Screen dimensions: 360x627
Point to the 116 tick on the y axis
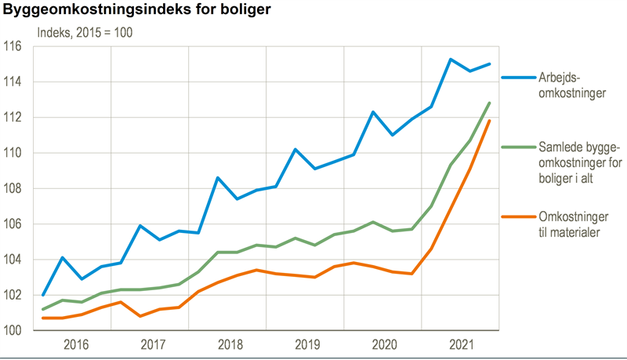coord(13,46)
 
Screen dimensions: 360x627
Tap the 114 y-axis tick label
coord(13,82)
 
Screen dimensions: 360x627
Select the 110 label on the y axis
coord(13,153)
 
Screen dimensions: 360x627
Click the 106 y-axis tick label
coord(13,224)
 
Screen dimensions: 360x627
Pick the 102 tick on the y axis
coord(13,296)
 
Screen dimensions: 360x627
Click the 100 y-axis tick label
coord(13,331)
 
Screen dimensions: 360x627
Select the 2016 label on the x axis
coord(74,344)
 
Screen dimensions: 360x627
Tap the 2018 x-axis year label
coord(230,344)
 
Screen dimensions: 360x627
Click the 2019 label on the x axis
coord(306,344)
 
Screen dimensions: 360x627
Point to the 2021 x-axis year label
coord(462,344)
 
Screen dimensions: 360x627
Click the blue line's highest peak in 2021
coord(451,59)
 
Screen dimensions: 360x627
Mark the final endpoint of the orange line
coord(490,120)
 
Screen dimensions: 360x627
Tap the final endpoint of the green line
coord(490,103)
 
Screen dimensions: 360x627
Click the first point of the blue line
coord(42,295)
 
